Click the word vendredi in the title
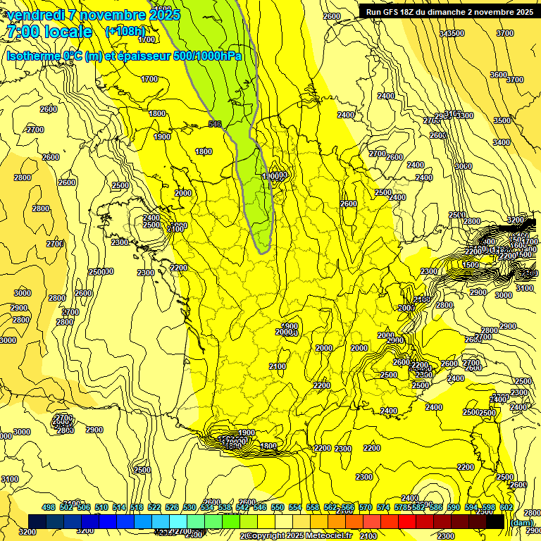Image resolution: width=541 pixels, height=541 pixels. click(36, 15)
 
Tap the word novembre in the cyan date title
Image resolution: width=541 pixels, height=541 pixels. click(112, 15)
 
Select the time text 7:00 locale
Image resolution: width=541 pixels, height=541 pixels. click(49, 32)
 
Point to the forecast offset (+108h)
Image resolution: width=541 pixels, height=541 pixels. click(125, 32)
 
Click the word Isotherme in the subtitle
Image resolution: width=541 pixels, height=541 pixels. click(32, 56)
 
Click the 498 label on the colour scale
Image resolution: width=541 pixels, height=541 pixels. click(49, 508)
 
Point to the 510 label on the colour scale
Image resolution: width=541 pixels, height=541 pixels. click(101, 508)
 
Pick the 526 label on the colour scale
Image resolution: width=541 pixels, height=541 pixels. click(172, 508)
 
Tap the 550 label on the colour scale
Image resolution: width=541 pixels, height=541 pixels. click(278, 508)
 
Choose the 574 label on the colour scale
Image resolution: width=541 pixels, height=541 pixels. click(383, 508)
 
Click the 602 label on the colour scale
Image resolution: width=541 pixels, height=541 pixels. click(506, 508)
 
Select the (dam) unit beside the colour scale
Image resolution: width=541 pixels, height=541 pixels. click(521, 522)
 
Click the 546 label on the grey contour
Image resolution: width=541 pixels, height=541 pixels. click(216, 124)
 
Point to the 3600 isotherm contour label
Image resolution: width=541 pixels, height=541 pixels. click(498, 75)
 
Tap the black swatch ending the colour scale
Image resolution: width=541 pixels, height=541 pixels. click(495, 521)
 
